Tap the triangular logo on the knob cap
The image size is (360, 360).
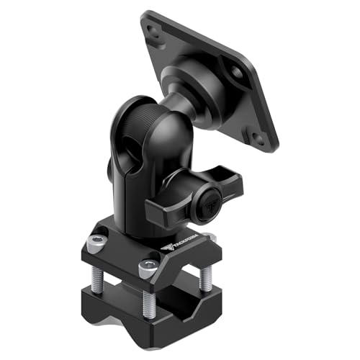pyautogui.click(x=211, y=197)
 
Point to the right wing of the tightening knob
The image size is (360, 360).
pyautogui.click(x=232, y=186)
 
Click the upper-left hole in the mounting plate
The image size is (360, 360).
pyautogui.click(x=153, y=30)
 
